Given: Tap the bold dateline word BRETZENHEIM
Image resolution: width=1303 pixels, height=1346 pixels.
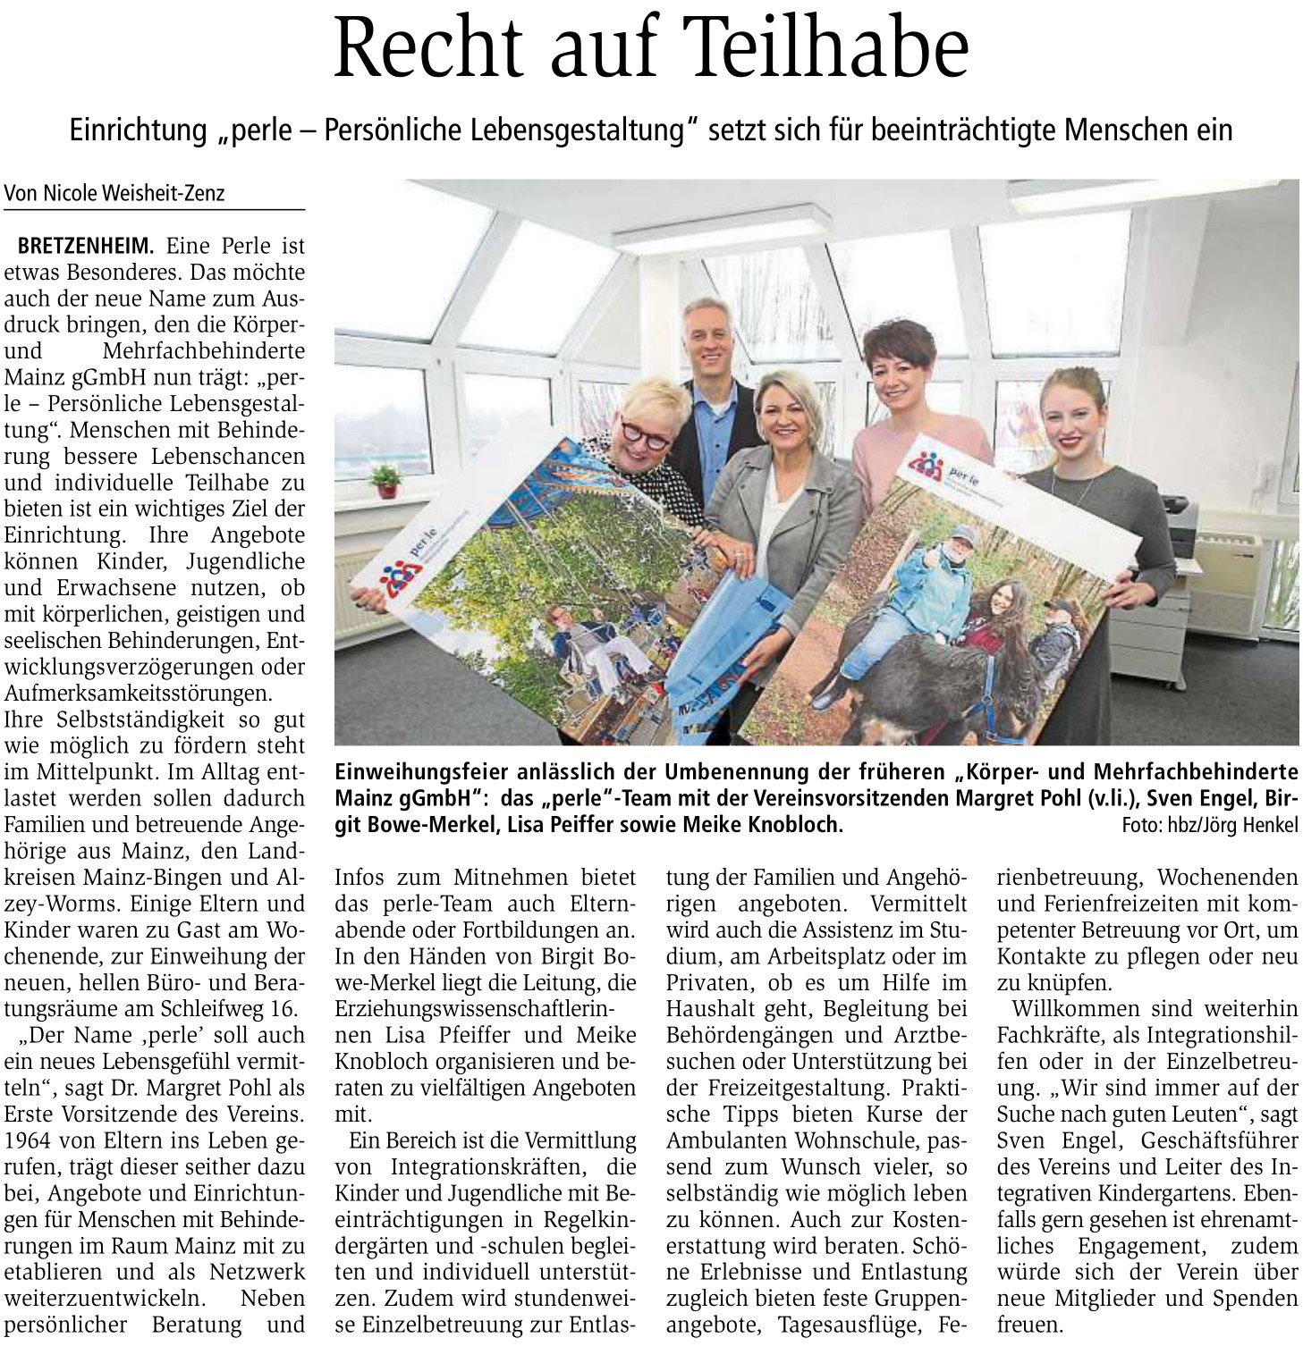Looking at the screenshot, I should click(x=86, y=245).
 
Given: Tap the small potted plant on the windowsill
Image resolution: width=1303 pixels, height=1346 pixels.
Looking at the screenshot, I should click(x=385, y=482).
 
